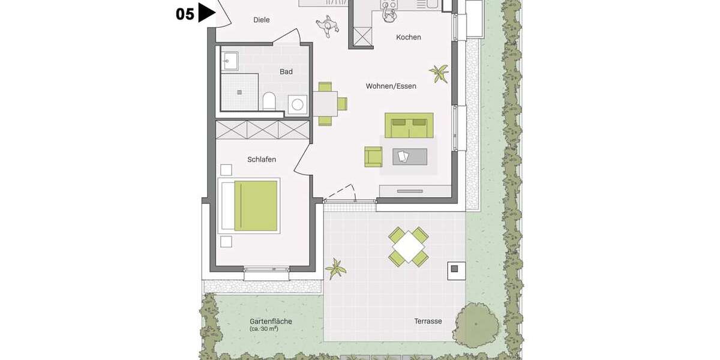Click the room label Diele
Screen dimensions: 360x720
click(x=261, y=20)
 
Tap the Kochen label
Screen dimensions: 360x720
click(x=409, y=37)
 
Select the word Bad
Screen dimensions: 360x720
click(x=286, y=72)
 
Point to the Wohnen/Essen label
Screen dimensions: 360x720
click(x=391, y=86)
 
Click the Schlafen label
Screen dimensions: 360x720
click(x=262, y=159)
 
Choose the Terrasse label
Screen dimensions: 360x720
click(x=428, y=321)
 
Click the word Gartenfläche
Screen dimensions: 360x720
click(x=271, y=321)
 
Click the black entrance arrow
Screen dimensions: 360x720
click(x=206, y=13)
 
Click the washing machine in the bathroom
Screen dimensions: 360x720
click(x=298, y=105)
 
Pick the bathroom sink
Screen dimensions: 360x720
click(x=229, y=61)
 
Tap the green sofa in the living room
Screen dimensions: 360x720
click(x=409, y=125)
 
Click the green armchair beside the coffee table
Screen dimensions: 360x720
click(x=373, y=157)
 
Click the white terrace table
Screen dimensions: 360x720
click(x=409, y=245)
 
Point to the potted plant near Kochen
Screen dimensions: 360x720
click(x=439, y=73)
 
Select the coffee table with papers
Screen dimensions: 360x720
click(x=409, y=157)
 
